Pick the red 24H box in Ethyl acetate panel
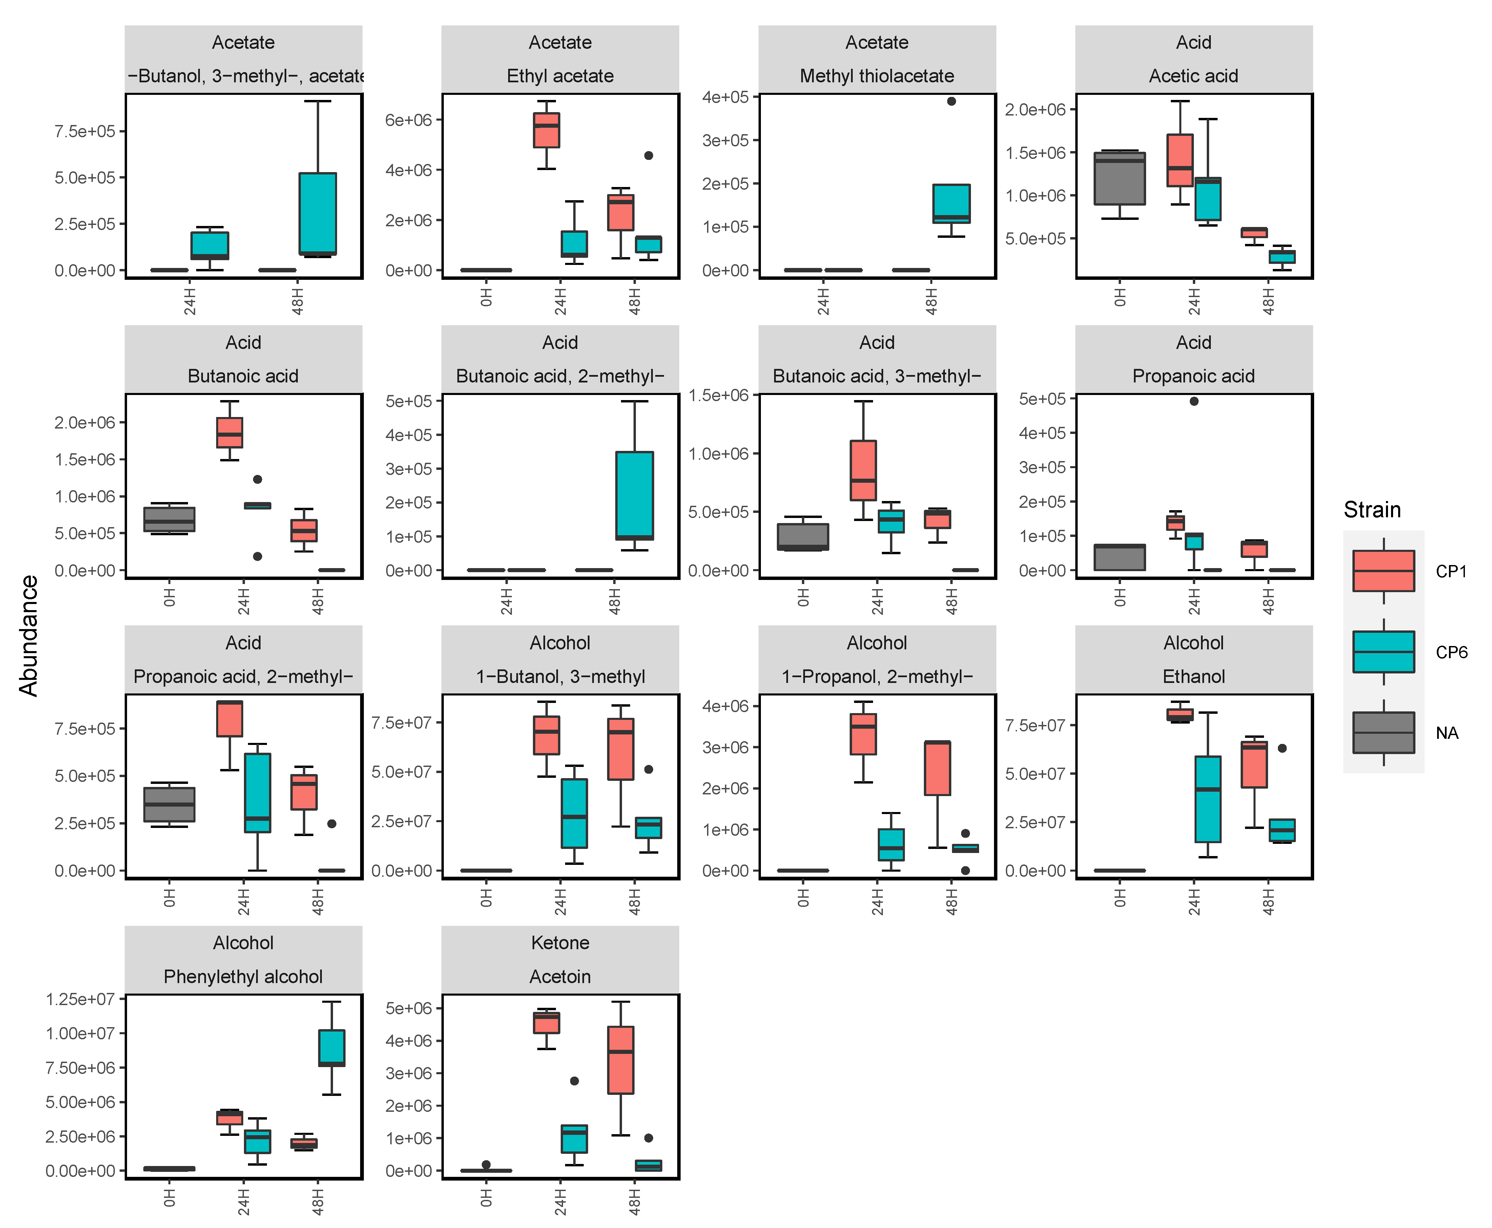pyautogui.click(x=546, y=130)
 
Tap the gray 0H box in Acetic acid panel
pyautogui.click(x=1119, y=178)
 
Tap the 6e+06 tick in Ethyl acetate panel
pyautogui.click(x=408, y=120)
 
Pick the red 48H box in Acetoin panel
pyautogui.click(x=620, y=1060)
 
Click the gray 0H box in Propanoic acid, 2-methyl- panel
pyautogui.click(x=169, y=804)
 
